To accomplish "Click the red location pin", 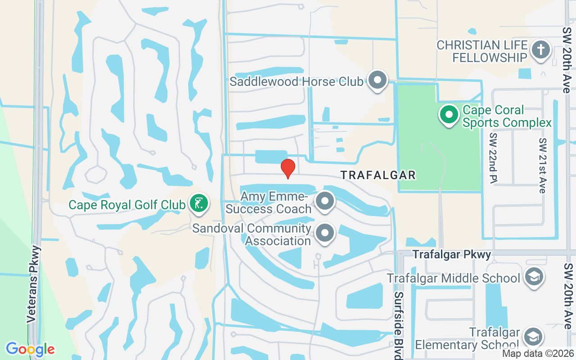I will [x=288, y=168].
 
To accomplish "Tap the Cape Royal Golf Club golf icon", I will [x=198, y=203].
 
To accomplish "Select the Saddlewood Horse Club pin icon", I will [x=378, y=81].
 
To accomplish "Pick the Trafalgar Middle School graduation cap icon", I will [x=534, y=277].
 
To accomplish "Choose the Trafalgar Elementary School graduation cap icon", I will [x=534, y=336].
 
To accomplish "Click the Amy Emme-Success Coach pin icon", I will [x=325, y=202].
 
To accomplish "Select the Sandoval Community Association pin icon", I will [x=325, y=234].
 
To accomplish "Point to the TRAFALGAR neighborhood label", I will [x=378, y=175].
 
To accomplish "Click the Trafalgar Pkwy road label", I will [x=452, y=255].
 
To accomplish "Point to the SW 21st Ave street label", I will [x=543, y=165].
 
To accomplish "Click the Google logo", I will [x=30, y=349].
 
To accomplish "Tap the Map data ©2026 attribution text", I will [x=538, y=354].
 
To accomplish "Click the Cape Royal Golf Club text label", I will [x=127, y=205].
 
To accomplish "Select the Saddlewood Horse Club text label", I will [x=296, y=82].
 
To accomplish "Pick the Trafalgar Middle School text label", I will [x=454, y=278].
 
